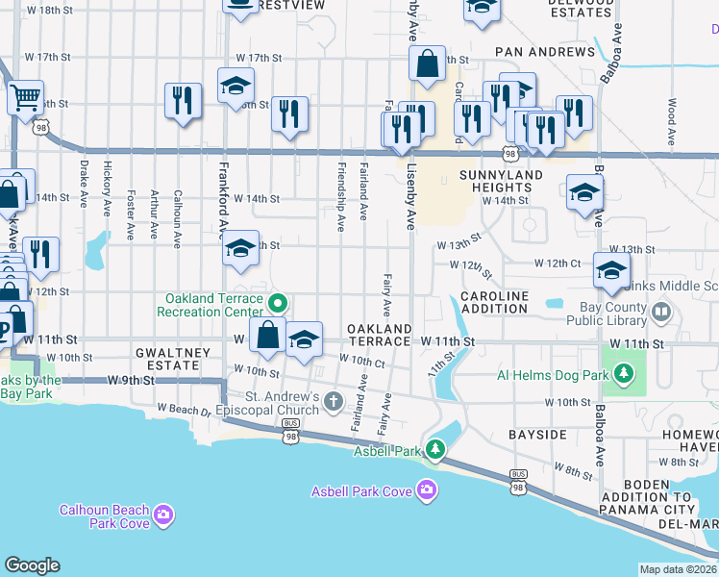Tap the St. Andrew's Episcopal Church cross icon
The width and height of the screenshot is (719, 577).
point(334,401)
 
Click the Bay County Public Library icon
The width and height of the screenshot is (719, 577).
point(660,312)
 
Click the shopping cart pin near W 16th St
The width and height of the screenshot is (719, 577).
point(25,96)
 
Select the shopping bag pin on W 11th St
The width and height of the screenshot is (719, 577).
point(268,335)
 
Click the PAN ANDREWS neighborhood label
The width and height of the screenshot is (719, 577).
point(545,51)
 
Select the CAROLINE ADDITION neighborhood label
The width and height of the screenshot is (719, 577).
point(494,302)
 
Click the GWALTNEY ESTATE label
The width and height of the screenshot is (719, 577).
point(171,360)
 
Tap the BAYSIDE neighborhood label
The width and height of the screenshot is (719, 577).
point(537,435)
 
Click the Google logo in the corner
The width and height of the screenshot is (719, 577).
point(32,565)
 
